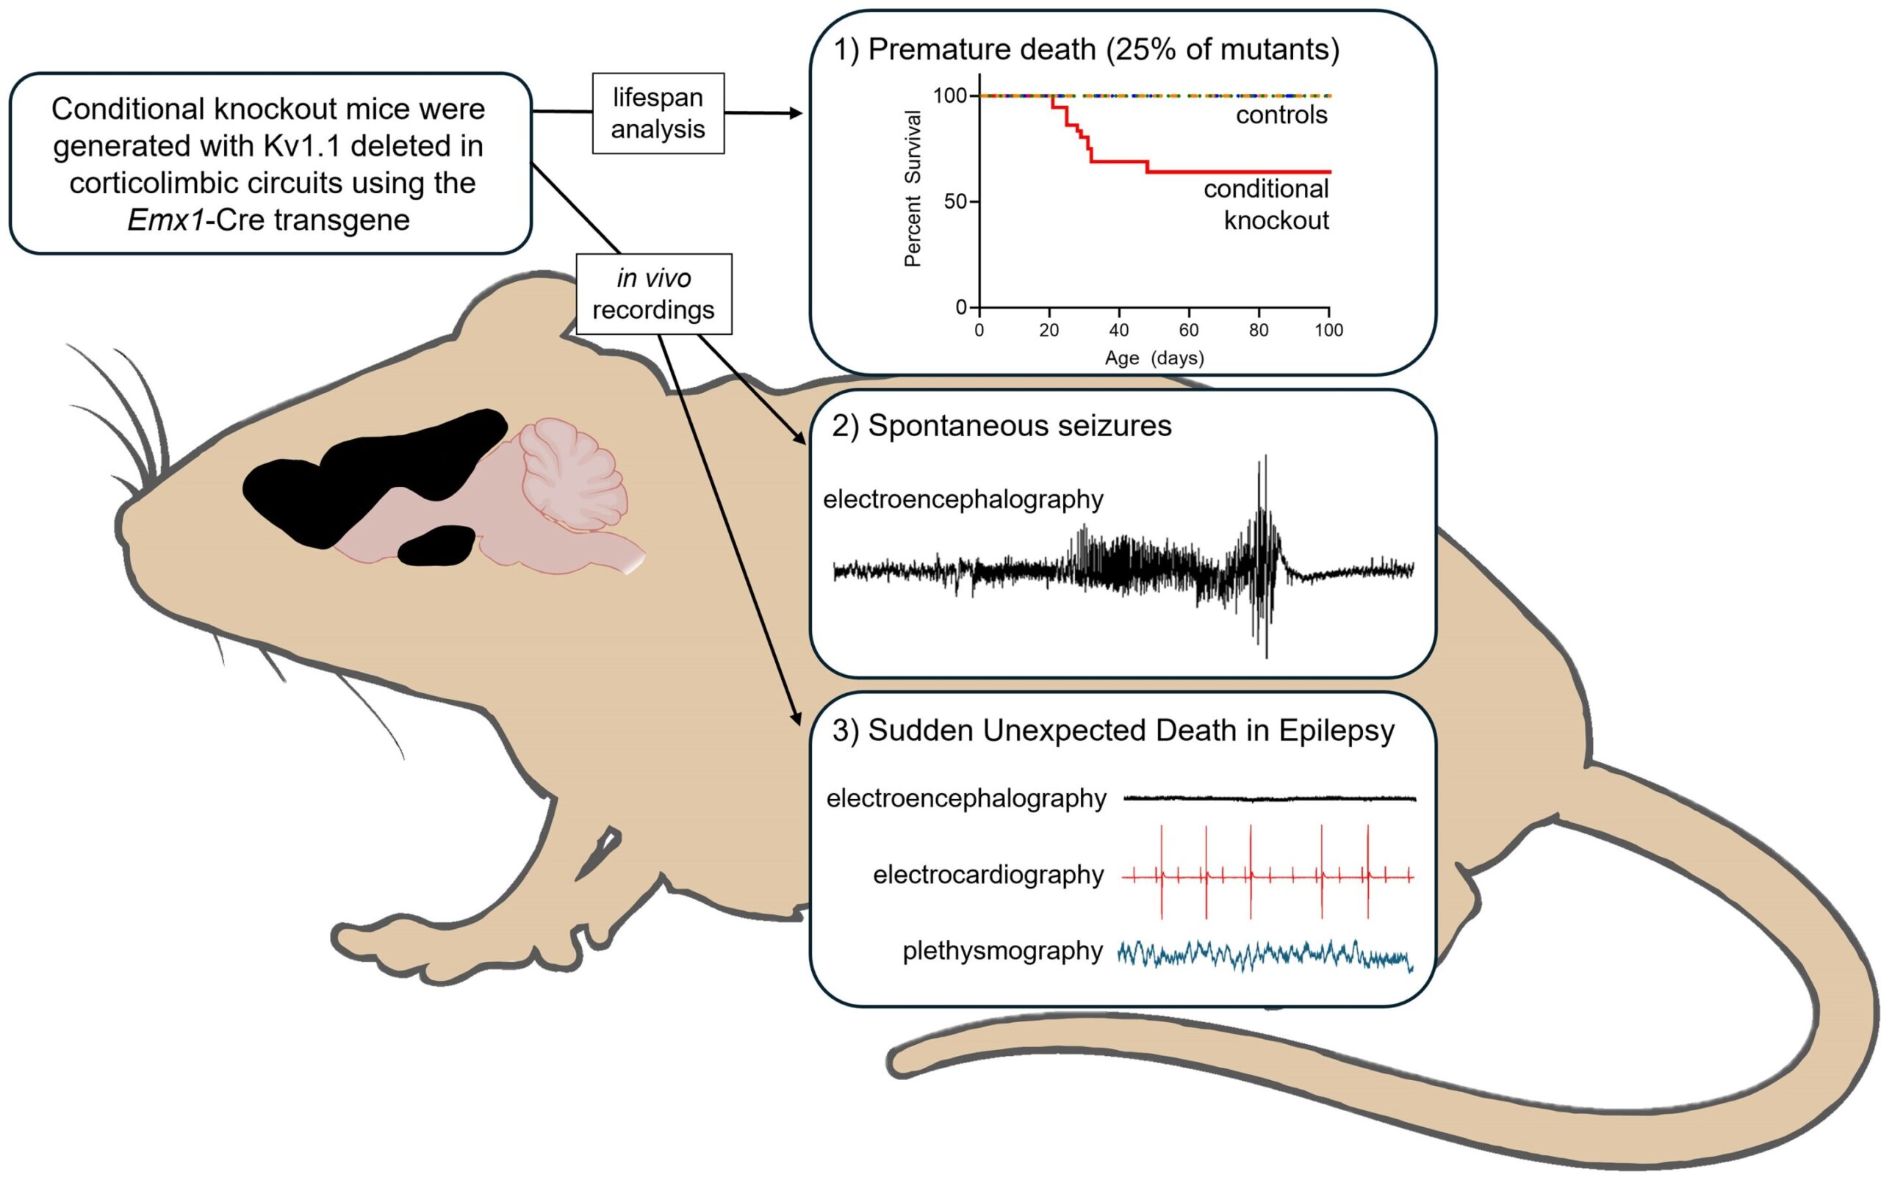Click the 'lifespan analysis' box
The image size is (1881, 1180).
pyautogui.click(x=658, y=113)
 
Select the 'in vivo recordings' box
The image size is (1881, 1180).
pyautogui.click(x=653, y=294)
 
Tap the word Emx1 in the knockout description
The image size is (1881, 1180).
pyautogui.click(x=165, y=220)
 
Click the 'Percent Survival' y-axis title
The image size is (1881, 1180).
pyautogui.click(x=912, y=188)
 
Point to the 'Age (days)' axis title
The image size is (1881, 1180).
pyautogui.click(x=1154, y=358)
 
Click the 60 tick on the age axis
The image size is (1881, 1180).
pyautogui.click(x=1188, y=330)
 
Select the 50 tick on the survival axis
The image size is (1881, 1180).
pyautogui.click(x=956, y=201)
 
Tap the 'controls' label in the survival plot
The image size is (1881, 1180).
pyautogui.click(x=1281, y=115)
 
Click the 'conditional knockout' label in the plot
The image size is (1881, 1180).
pyautogui.click(x=1266, y=204)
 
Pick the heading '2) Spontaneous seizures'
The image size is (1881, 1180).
pyautogui.click(x=1001, y=425)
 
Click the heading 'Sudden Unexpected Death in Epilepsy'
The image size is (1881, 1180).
pyautogui.click(x=1131, y=731)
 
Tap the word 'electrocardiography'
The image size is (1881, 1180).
pyautogui.click(x=988, y=875)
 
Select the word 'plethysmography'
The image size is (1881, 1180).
pyautogui.click(x=1002, y=952)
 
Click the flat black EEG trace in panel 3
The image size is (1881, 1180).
pyautogui.click(x=1270, y=798)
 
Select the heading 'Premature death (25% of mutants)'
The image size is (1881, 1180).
pyautogui.click(x=1104, y=49)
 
